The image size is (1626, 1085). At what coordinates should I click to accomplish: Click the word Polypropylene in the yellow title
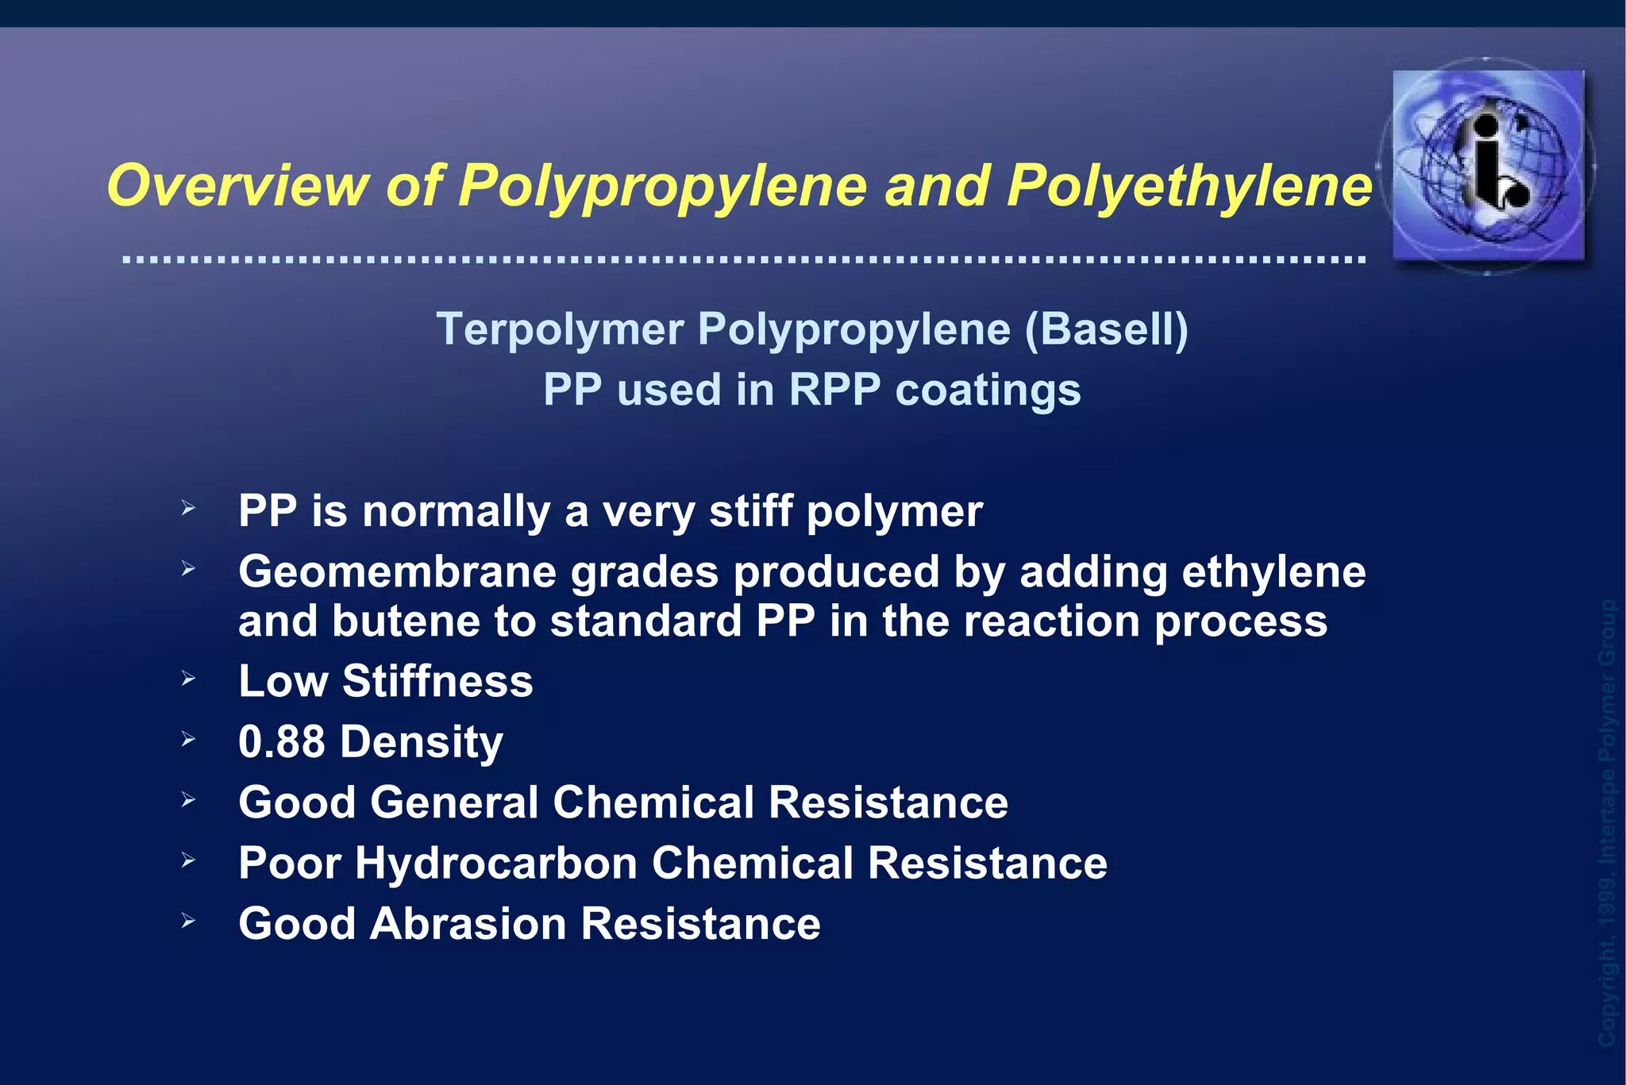[663, 187]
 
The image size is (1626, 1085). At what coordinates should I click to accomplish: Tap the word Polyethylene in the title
[1189, 187]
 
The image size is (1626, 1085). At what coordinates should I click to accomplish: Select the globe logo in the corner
[1488, 165]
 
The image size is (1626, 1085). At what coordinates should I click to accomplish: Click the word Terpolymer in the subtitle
[560, 330]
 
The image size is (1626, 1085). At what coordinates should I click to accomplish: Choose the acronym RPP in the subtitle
[834, 390]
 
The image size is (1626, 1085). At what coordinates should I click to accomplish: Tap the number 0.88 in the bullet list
[282, 741]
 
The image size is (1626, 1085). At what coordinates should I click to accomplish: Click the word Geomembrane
[397, 572]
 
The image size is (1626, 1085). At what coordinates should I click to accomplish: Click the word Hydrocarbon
[495, 863]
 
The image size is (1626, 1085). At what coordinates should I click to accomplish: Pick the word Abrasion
[468, 924]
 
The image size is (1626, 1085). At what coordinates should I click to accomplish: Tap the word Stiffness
[437, 681]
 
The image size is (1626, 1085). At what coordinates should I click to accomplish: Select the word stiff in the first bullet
[750, 511]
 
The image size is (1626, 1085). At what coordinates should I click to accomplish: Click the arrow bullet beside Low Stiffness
[188, 679]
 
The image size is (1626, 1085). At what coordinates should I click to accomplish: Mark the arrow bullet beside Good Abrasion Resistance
[188, 921]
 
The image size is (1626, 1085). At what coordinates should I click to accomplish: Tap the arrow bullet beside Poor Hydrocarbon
[188, 860]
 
